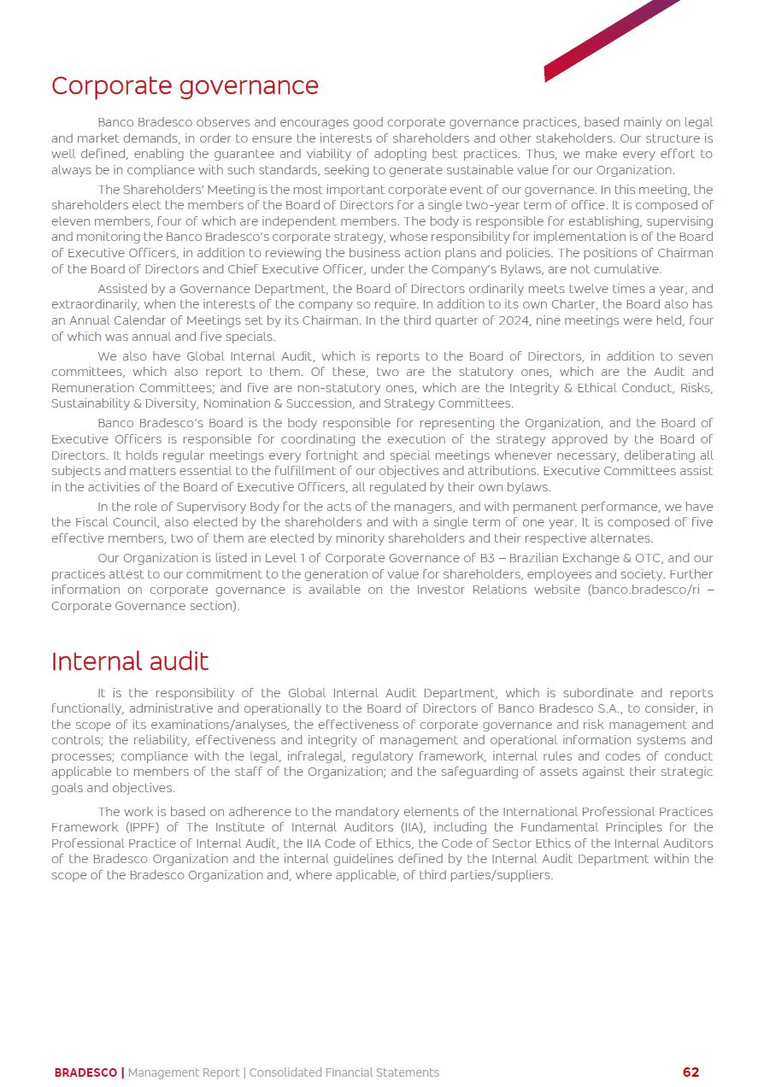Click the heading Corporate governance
coord(185,86)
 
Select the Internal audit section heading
coord(130,661)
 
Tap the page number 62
coord(691,1072)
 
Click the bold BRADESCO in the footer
coord(85,1072)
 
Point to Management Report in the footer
coord(184,1072)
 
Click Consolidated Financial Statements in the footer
coord(344,1072)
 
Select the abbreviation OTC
coord(649,559)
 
